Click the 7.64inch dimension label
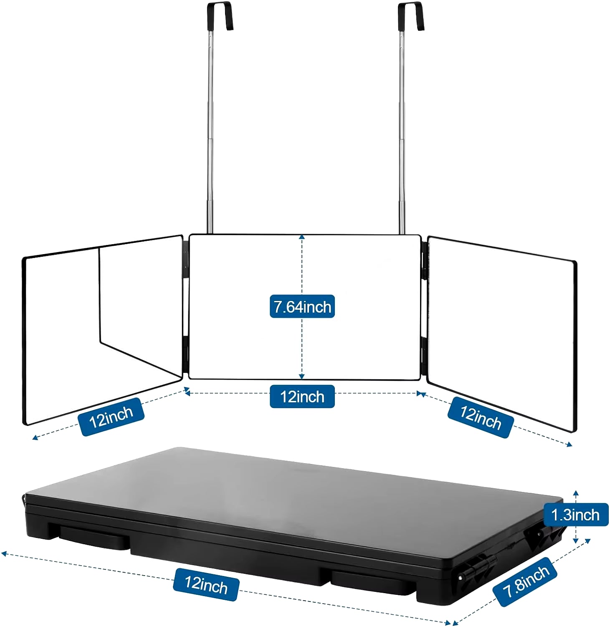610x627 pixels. coord(302,306)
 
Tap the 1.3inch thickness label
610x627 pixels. coord(575,515)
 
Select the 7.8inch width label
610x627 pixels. coord(526,581)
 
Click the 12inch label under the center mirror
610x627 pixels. coord(302,396)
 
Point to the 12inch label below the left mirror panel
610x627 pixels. coord(111,417)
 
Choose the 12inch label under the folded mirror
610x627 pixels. coord(206,584)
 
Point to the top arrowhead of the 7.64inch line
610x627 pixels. coord(302,237)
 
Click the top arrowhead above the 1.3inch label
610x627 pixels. coord(576,494)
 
